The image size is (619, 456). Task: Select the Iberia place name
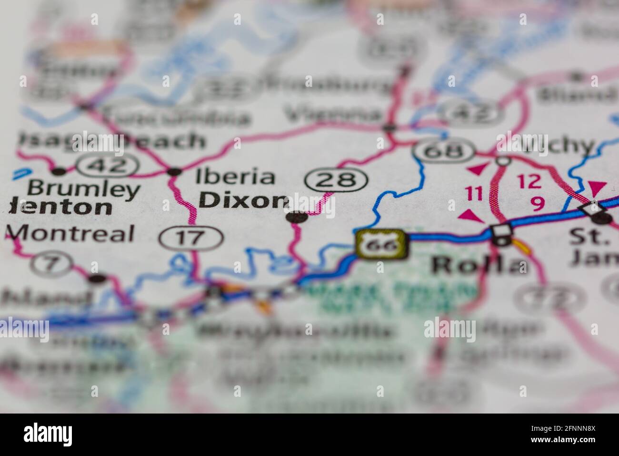pyautogui.click(x=235, y=176)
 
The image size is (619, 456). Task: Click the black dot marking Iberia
pyautogui.click(x=175, y=171)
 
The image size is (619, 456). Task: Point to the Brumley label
pyautogui.click(x=83, y=189)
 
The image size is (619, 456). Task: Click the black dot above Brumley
pyautogui.click(x=59, y=171)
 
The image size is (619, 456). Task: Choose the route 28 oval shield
pyautogui.click(x=337, y=180)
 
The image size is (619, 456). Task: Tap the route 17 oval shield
pyautogui.click(x=191, y=237)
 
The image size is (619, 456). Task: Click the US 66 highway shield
pyautogui.click(x=381, y=245)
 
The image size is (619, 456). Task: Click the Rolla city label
pyautogui.click(x=479, y=265)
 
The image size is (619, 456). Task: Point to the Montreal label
pyautogui.click(x=71, y=234)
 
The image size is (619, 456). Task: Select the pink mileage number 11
pyautogui.click(x=474, y=193)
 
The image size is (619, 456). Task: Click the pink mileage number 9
pyautogui.click(x=537, y=204)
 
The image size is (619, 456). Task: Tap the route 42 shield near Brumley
pyautogui.click(x=108, y=166)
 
